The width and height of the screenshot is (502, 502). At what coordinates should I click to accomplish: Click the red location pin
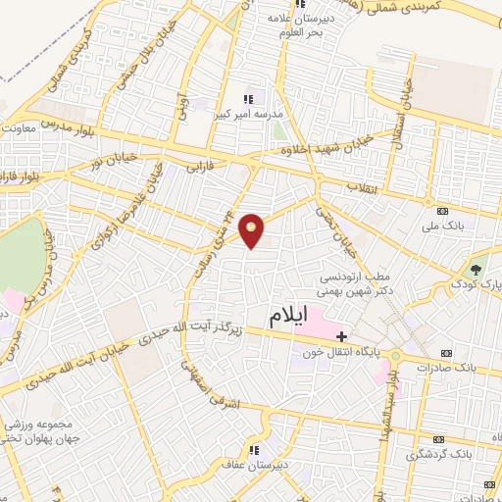(x=252, y=229)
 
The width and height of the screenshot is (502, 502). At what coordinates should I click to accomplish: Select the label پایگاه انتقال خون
(x=336, y=353)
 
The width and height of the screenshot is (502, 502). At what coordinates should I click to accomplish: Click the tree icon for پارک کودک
(x=477, y=270)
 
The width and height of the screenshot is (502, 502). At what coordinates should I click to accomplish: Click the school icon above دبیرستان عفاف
(x=254, y=451)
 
